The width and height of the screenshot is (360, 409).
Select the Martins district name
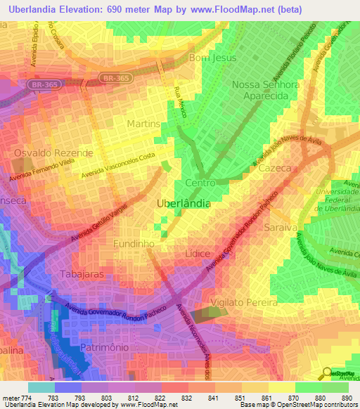coord(144,124)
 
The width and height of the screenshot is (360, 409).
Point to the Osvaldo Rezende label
coord(53,152)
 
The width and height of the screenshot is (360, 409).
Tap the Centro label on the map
coord(200,183)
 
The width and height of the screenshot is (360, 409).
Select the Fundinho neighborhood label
coord(134,242)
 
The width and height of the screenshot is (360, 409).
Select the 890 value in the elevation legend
coord(346,398)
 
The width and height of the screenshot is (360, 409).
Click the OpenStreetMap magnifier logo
coord(326,373)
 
